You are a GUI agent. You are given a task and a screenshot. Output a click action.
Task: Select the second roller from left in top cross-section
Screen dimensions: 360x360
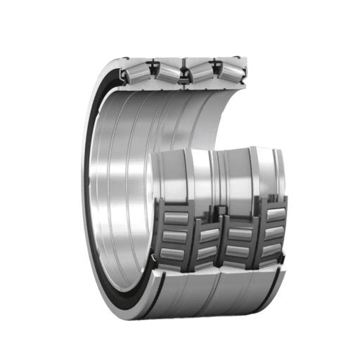(167, 71)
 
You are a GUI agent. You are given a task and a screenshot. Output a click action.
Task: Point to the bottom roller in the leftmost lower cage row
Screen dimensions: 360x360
(172, 252)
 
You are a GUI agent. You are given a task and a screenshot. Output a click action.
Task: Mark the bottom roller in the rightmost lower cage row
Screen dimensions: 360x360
(271, 250)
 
